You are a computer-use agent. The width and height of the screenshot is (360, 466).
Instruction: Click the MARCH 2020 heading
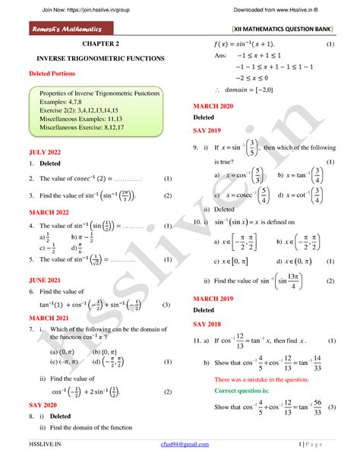[217, 107]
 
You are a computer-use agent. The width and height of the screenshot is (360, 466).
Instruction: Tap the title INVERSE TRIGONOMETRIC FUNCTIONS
[95, 59]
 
